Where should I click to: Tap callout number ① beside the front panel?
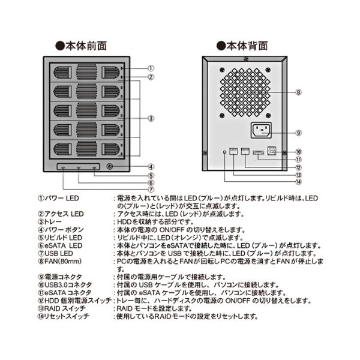[x=152, y=68]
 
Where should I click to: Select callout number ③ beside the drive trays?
[x=152, y=118]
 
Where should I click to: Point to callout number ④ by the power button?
[x=152, y=167]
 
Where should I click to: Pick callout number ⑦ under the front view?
[x=152, y=190]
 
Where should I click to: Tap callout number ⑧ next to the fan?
[x=298, y=92]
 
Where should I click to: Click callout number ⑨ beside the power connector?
[x=298, y=133]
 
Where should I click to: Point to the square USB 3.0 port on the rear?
[x=272, y=152]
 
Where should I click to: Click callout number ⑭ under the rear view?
[x=298, y=181]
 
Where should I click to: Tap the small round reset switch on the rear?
[x=224, y=153]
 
